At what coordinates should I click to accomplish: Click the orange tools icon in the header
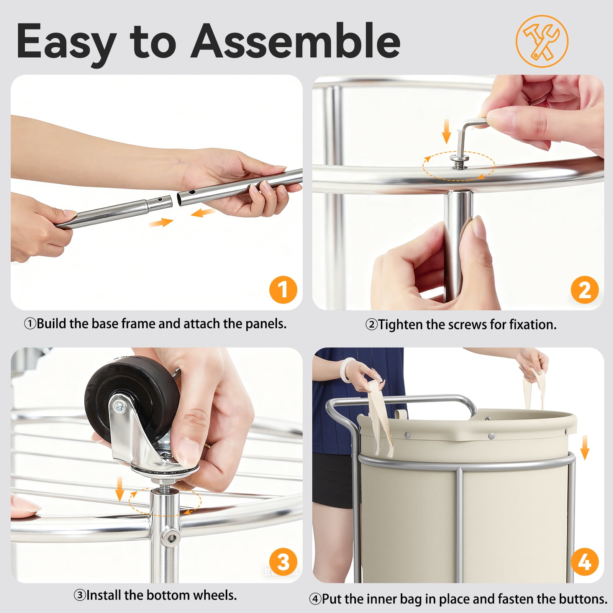(542, 41)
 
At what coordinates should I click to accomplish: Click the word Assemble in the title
(296, 41)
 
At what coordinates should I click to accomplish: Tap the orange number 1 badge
(283, 290)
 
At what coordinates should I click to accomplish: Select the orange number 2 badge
(585, 290)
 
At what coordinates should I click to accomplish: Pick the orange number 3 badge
(283, 562)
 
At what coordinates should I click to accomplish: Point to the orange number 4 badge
(585, 562)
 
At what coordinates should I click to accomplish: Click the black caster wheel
(130, 398)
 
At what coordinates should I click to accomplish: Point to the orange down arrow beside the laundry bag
(585, 447)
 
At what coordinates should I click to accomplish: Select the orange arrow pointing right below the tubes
(161, 222)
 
